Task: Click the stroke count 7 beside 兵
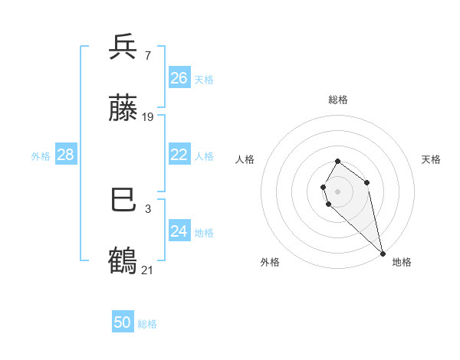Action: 147,56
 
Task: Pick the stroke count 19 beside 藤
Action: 148,117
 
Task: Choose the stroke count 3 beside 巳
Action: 147,208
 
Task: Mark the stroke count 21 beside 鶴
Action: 148,270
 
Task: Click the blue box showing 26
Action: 179,78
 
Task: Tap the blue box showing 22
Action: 179,155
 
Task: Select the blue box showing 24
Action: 179,231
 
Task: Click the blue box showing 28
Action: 66,155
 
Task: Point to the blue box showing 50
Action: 123,322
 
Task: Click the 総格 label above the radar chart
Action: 338,100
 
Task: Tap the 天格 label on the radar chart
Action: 432,159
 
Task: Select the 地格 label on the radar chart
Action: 402,262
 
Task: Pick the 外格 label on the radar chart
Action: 270,262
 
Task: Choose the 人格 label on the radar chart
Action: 245,159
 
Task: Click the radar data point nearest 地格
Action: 382,253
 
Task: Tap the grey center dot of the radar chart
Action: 337,191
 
